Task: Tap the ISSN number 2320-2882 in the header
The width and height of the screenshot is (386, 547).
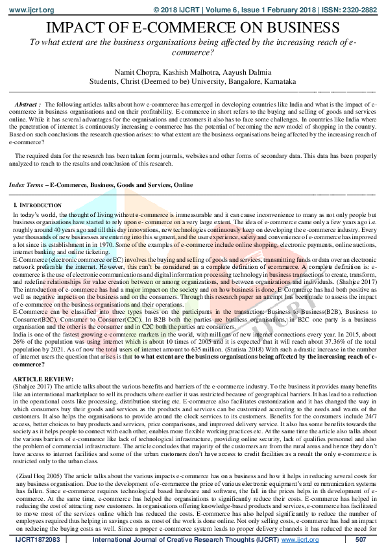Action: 360,10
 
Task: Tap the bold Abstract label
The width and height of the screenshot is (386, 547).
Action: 27,105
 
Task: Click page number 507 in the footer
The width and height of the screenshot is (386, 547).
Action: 362,540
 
